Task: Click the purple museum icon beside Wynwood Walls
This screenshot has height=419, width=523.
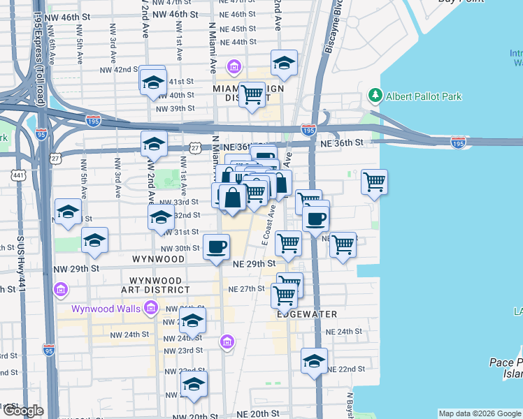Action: [x=150, y=307]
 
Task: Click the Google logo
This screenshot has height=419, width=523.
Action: [x=22, y=411]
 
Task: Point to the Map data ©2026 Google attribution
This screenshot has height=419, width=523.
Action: [x=479, y=413]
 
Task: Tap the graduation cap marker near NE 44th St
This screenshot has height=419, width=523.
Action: [x=284, y=64]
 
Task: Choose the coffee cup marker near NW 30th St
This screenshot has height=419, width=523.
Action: [x=216, y=247]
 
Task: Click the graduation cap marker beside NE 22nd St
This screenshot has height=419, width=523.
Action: [x=314, y=362]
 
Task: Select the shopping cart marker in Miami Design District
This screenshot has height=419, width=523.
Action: [x=252, y=95]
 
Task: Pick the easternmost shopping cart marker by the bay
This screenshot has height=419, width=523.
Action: [x=375, y=182]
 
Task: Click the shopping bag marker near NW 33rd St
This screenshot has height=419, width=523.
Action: [x=233, y=198]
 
